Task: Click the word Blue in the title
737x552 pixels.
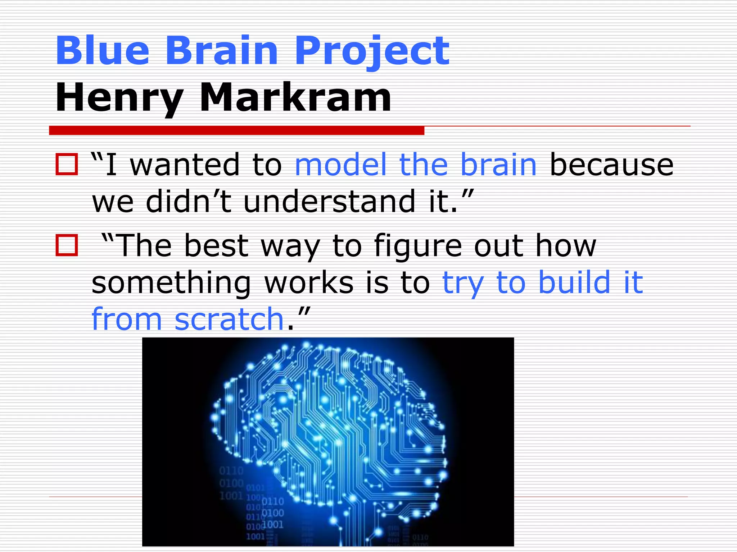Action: click(x=102, y=51)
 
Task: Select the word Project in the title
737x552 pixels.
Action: click(x=372, y=51)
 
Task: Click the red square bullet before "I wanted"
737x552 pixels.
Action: click(x=67, y=165)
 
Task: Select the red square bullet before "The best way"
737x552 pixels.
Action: click(x=67, y=245)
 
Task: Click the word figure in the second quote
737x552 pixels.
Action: click(x=418, y=246)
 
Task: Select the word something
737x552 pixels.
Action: click(x=171, y=283)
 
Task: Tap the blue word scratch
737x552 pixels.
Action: click(x=229, y=319)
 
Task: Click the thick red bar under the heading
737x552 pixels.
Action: click(x=236, y=130)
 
